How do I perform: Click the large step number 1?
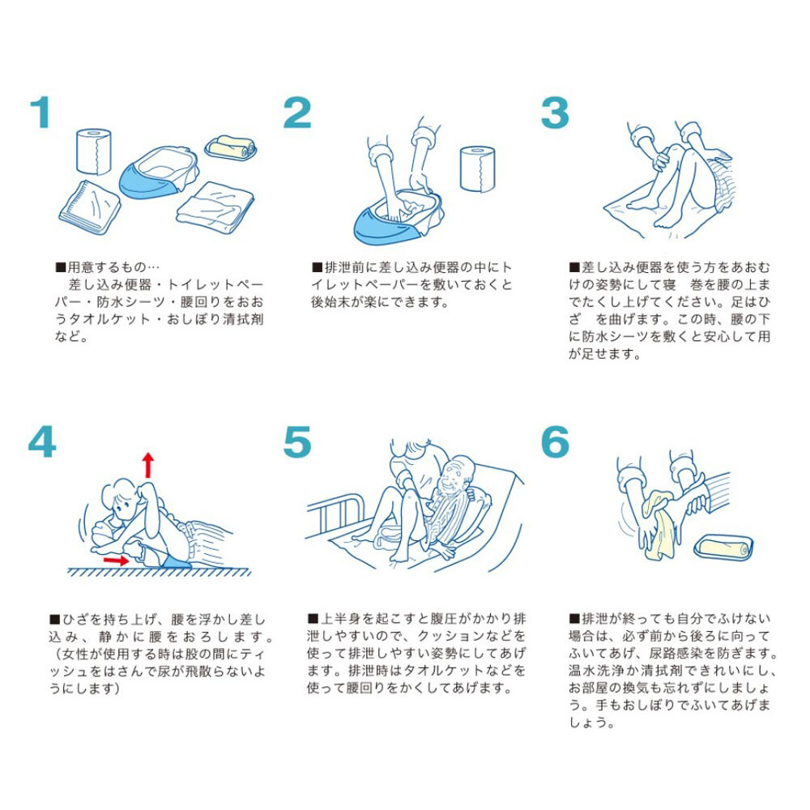point(40,112)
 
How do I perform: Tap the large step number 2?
point(297,112)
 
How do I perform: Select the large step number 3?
point(555,113)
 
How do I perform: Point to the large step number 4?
point(42,441)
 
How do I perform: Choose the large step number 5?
point(297,442)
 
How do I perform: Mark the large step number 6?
point(556,442)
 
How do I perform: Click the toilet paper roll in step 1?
point(93,151)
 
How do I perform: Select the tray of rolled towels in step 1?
point(230,147)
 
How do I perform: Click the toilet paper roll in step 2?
point(477,168)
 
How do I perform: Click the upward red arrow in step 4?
point(148,466)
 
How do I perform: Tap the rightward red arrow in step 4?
point(116,559)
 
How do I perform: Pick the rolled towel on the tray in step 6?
point(723,548)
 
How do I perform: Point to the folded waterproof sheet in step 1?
point(89,207)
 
